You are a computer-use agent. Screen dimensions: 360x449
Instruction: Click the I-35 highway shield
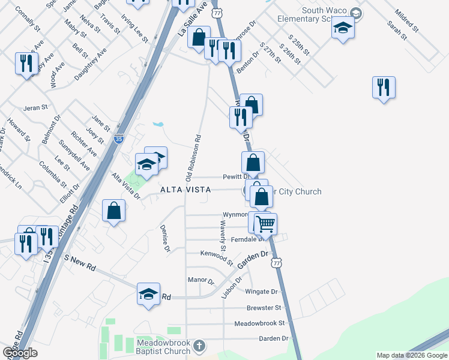pyautogui.click(x=119, y=138)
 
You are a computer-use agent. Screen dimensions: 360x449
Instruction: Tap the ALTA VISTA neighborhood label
pyautogui.click(x=185, y=190)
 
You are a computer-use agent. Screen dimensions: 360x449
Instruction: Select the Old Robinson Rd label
pyautogui.click(x=193, y=157)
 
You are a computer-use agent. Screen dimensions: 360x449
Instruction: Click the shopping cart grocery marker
pyautogui.click(x=265, y=224)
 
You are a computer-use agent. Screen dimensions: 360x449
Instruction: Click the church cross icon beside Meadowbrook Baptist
pyautogui.click(x=199, y=346)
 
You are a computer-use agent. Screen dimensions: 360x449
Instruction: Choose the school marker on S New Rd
pyautogui.click(x=148, y=294)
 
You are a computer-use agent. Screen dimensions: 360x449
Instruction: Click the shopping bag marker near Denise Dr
pyautogui.click(x=114, y=211)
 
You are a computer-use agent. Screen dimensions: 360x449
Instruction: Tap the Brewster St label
pyautogui.click(x=264, y=308)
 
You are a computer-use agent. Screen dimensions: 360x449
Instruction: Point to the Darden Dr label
pyautogui.click(x=273, y=338)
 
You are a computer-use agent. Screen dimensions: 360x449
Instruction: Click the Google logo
pyautogui.click(x=20, y=353)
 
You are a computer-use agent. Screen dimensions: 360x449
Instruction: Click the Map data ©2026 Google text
pyautogui.click(x=411, y=355)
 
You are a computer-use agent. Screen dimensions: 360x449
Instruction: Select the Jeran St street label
pyautogui.click(x=35, y=108)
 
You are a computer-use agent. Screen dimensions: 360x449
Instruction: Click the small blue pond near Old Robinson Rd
pyautogui.click(x=158, y=124)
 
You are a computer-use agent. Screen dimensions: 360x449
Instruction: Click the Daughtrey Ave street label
pyautogui.click(x=90, y=65)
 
